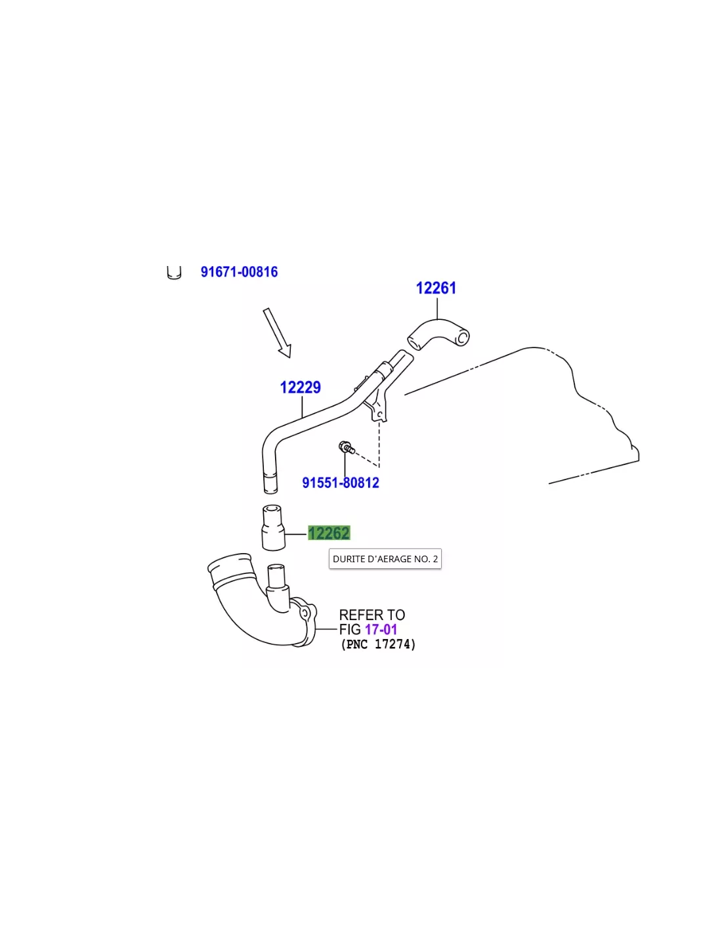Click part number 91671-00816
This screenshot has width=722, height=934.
tap(239, 272)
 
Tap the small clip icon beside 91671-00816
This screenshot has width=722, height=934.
tap(174, 273)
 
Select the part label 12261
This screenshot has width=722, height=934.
tap(436, 288)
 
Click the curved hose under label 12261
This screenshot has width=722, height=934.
tap(438, 334)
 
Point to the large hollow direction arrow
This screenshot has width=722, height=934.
tap(278, 333)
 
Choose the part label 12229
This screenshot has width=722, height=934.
tap(300, 388)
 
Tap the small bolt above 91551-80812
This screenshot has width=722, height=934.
tap(346, 447)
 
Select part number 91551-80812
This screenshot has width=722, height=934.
tap(341, 483)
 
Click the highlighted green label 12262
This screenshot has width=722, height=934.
tap(329, 533)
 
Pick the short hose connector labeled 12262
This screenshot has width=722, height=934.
tap(273, 527)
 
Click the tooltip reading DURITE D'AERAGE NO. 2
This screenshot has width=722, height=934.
tap(385, 559)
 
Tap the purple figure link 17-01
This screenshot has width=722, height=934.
tap(381, 630)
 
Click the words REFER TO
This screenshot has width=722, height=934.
tap(372, 615)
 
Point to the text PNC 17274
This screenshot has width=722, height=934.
tap(379, 645)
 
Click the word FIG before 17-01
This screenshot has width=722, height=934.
tap(350, 630)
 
